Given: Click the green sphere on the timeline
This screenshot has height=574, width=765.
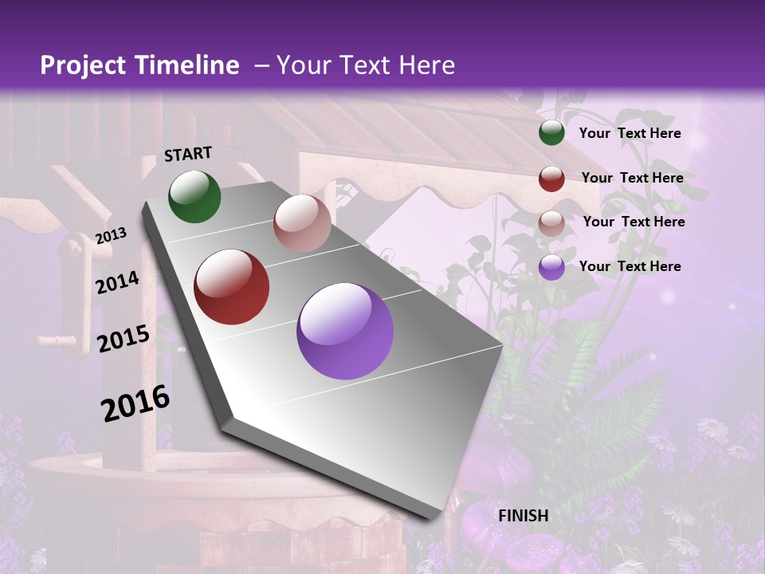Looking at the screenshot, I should point(194,196).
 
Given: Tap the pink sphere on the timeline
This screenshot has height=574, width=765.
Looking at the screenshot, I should point(302,223).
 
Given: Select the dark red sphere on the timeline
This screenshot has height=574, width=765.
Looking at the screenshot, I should point(232,287).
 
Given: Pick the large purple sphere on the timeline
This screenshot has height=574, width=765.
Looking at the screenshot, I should point(345,331).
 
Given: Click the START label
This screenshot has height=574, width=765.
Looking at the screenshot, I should point(188,154).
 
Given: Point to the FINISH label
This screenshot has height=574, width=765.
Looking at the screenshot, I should point(524,516).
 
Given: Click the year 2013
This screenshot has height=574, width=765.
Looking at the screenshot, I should point(111,235).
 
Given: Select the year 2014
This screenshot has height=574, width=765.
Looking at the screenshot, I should point(118,282).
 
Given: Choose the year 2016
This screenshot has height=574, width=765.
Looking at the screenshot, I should point(135,403).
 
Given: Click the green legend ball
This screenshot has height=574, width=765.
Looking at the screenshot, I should point(551,133).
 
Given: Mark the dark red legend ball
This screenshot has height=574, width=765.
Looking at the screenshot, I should point(551,179).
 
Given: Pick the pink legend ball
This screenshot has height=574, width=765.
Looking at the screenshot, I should point(551,223).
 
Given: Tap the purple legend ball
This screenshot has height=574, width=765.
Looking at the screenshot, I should point(551,267).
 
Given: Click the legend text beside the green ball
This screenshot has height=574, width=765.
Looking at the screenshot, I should point(630,133).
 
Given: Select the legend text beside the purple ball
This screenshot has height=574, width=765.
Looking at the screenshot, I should point(630,266).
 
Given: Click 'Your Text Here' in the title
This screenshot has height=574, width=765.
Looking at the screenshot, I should point(365,65).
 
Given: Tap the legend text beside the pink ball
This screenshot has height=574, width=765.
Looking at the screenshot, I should point(634,222).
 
